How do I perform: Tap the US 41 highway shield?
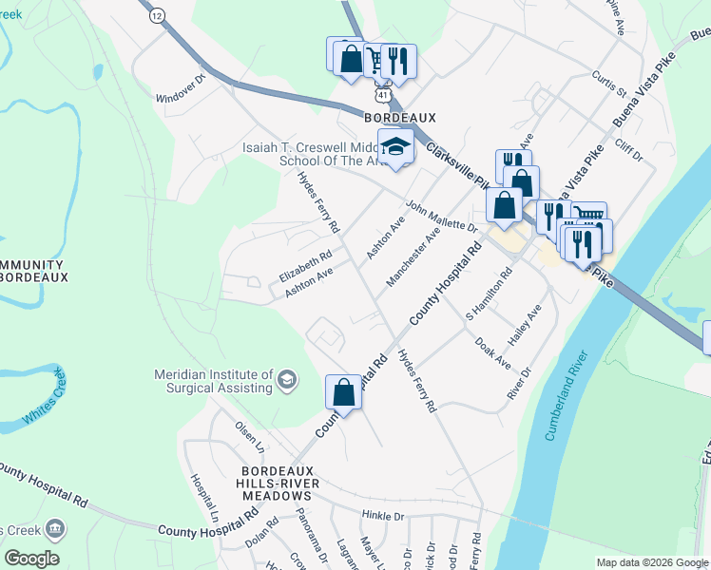(381, 95)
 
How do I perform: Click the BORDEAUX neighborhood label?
(400, 118)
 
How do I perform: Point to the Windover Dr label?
(181, 91)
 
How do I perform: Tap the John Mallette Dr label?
(441, 216)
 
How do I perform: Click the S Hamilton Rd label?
(489, 294)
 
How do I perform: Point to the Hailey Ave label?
(525, 325)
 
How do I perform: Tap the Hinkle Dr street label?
(383, 516)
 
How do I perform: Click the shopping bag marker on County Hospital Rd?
(343, 392)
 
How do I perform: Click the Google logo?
(31, 559)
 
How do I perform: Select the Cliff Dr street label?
(629, 148)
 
